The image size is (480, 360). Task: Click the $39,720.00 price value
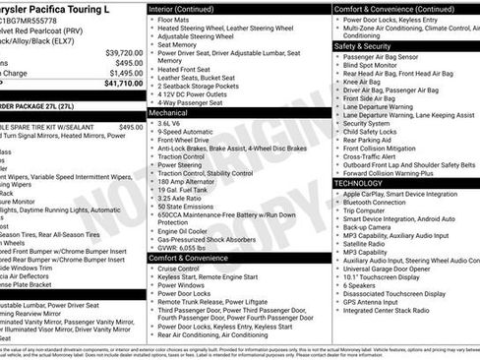click(x=123, y=52)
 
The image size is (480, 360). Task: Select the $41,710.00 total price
click(x=123, y=84)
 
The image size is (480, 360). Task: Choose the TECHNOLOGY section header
click(x=359, y=182)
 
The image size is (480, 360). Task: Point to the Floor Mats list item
click(x=175, y=20)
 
